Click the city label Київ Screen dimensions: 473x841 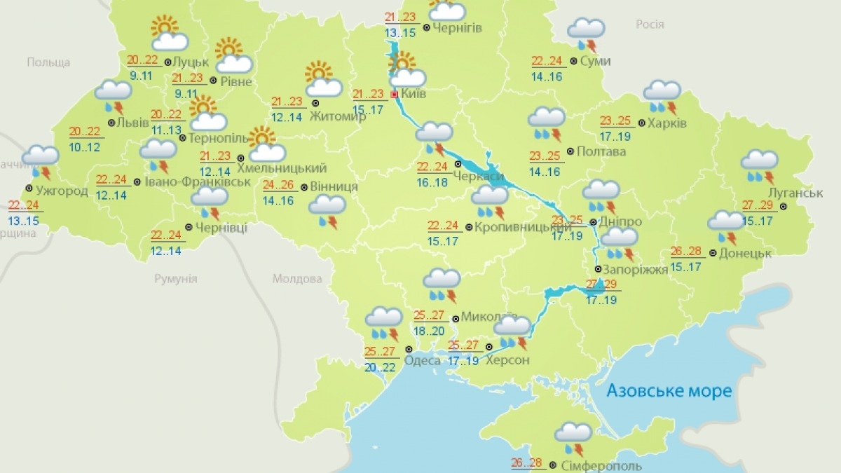tap(413, 93)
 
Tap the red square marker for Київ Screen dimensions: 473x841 tap(394, 93)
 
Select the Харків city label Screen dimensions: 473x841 tap(666, 123)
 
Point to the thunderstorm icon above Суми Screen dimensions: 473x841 tap(586, 33)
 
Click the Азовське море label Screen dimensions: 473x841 tap(669, 390)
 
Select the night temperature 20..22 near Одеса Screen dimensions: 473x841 tap(381, 367)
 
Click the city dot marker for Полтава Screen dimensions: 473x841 tap(570, 151)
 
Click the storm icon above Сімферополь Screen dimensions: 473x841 tap(573, 439)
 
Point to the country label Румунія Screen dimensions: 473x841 tap(176, 279)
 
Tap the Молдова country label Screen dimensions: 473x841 tap(293, 279)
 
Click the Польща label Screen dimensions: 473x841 tap(48, 62)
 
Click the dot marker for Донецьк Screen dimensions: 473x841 tap(712, 253)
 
